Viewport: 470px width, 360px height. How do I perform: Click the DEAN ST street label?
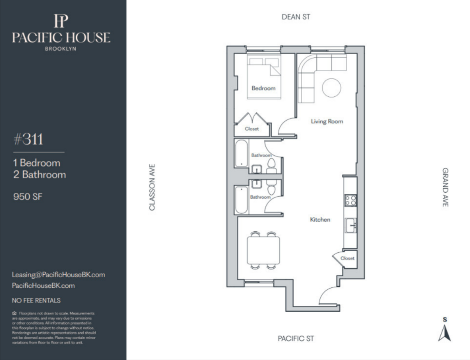point(296,17)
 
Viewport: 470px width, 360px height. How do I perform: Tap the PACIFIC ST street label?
point(296,339)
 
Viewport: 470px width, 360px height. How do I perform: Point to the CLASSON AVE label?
point(152,187)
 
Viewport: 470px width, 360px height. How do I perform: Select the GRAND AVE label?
point(445,187)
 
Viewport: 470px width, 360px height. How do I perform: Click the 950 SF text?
point(28,197)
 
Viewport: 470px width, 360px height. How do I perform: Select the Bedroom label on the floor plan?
point(263,88)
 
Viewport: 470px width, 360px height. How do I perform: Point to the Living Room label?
point(327,121)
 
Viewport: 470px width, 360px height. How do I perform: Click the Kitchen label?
point(320,220)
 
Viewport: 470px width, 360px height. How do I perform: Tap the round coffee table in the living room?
point(332,88)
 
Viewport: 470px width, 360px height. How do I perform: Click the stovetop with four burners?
point(351,200)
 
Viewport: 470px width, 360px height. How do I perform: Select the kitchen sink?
point(351,225)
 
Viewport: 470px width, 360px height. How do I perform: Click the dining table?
point(263,250)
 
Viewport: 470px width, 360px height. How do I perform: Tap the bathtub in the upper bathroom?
point(241,153)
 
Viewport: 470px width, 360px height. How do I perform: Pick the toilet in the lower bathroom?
point(271,188)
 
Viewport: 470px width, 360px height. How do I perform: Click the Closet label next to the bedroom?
point(252,129)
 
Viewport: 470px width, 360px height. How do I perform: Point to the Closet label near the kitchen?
point(348,258)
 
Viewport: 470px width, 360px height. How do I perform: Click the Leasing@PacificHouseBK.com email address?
point(59,275)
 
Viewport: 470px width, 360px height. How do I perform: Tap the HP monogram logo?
point(61,21)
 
